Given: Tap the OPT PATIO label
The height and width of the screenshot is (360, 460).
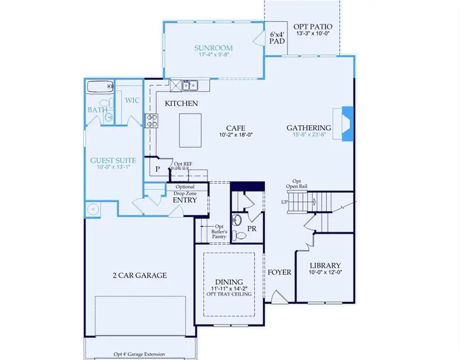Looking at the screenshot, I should [x=313, y=27].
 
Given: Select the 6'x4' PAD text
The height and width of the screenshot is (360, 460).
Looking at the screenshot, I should [x=277, y=39].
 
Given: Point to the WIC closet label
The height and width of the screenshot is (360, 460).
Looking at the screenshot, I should [x=132, y=100].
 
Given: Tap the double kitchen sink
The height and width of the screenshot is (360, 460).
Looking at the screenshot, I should [x=187, y=85].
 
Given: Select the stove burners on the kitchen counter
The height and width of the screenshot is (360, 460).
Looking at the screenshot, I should [x=152, y=121].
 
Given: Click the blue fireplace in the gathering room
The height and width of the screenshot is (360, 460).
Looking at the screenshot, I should [x=347, y=123].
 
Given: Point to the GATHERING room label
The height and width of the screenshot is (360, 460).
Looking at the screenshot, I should [x=308, y=128].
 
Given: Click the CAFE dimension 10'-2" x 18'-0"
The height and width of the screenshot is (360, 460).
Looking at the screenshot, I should [x=236, y=135].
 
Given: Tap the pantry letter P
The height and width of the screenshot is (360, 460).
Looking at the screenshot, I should [x=158, y=168].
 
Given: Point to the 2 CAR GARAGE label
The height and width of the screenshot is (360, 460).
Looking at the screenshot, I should [x=140, y=275].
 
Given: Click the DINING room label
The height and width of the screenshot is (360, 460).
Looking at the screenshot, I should [x=228, y=281].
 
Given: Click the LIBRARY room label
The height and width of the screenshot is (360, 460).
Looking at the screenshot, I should [x=325, y=266].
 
